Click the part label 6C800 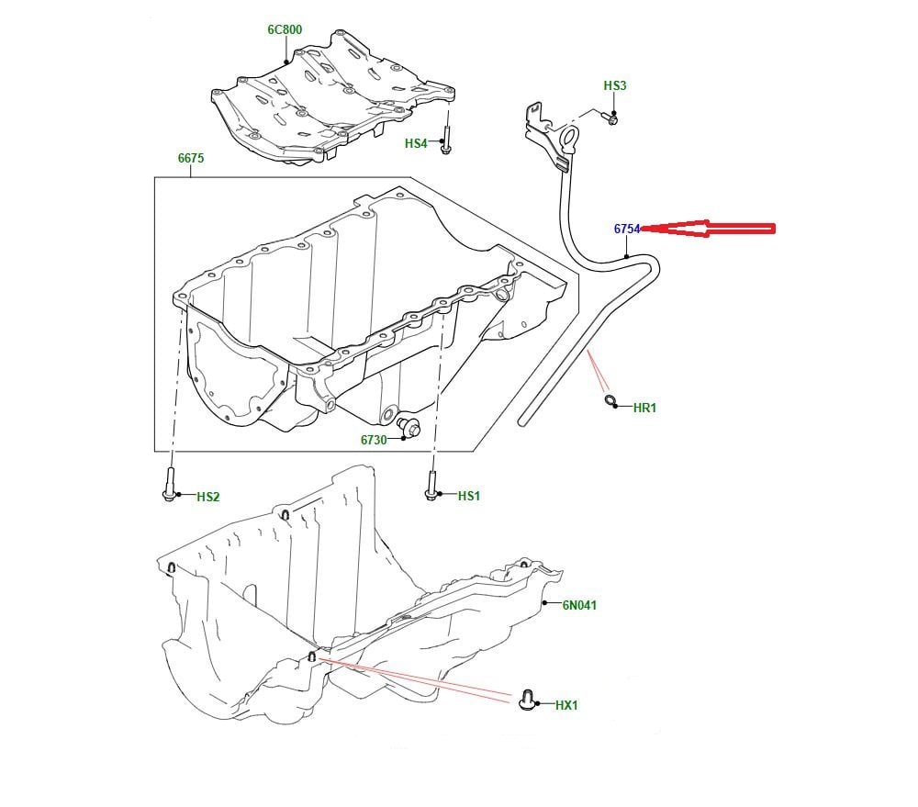285,29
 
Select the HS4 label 416,144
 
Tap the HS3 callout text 615,86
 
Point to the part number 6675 191,159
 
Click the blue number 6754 627,229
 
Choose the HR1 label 645,408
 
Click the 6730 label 374,440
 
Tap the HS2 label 208,498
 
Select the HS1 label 469,497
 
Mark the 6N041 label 580,605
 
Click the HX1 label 567,706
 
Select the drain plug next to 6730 409,427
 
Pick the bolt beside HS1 431,485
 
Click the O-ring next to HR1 610,399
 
